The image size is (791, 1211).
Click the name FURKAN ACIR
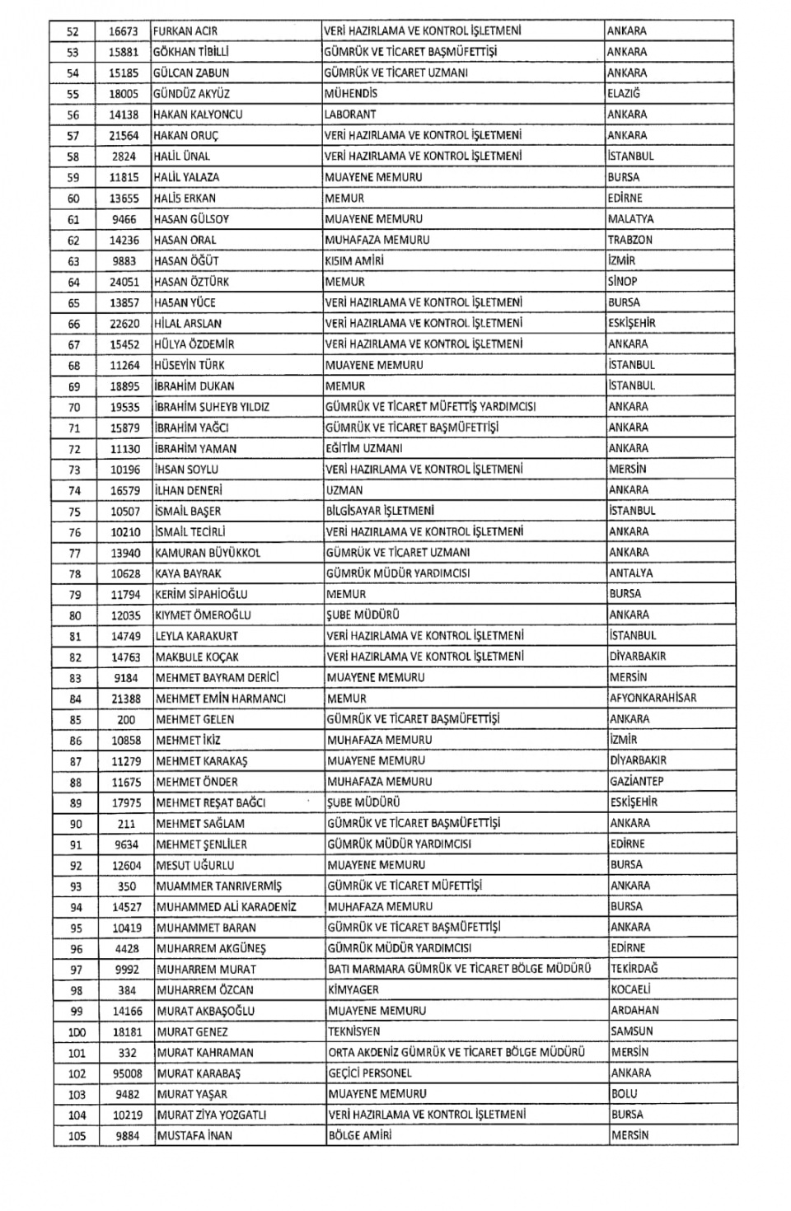(185, 31)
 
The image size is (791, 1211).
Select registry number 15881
(123, 52)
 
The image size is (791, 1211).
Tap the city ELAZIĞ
(624, 94)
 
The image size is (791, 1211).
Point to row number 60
(73, 199)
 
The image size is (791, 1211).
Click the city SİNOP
(622, 282)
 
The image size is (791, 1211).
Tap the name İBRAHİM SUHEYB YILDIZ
(212, 407)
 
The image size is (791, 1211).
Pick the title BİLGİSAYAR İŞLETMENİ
(380, 511)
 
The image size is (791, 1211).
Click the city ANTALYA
(630, 573)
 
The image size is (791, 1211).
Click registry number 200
(126, 719)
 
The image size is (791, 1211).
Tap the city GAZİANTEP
(637, 782)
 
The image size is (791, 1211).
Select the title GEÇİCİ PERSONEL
(369, 1073)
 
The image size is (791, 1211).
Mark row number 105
(77, 1136)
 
